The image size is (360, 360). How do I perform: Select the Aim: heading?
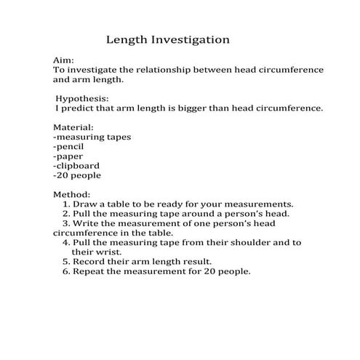click(64, 60)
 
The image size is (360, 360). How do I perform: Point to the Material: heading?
click(74, 127)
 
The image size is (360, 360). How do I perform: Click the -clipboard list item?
click(76, 165)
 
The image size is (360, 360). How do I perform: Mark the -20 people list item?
click(77, 175)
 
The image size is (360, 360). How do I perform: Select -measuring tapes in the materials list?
click(92, 136)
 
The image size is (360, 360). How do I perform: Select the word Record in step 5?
click(89, 262)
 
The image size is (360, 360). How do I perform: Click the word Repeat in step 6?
click(89, 271)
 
